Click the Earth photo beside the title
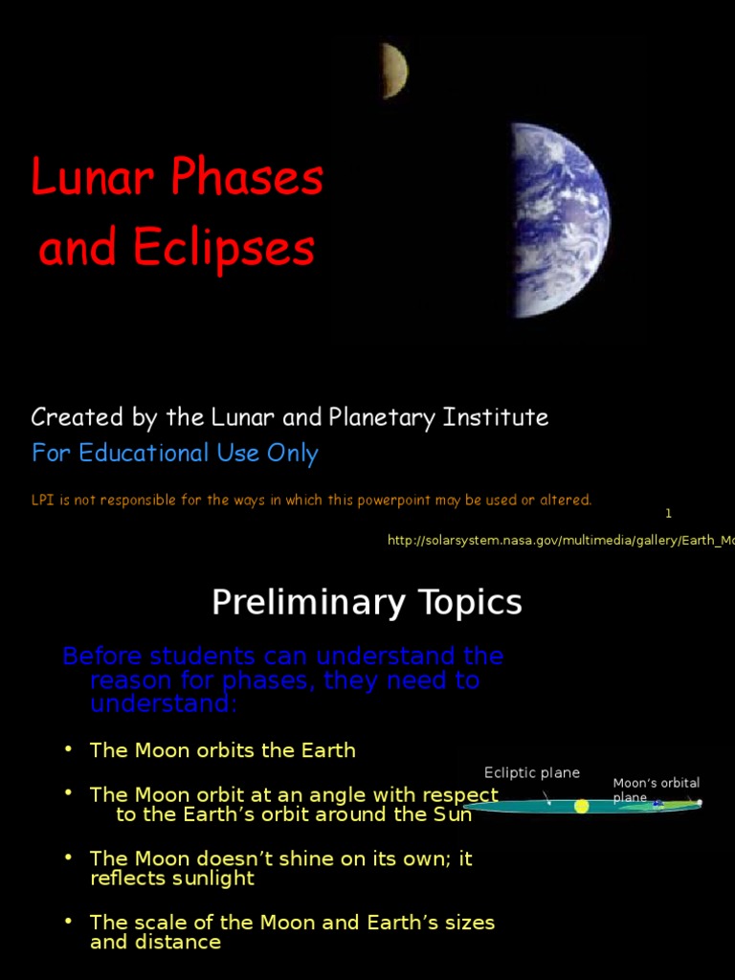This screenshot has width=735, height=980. point(561,220)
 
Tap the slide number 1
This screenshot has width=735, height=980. point(668,514)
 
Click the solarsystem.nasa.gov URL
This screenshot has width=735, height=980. point(561,541)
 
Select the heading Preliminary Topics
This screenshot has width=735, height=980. point(367,603)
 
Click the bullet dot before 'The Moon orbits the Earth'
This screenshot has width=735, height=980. point(69,748)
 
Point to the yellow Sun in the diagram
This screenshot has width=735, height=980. point(581,806)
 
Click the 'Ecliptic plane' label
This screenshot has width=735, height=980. point(532,773)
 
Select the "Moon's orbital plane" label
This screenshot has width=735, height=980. point(655,790)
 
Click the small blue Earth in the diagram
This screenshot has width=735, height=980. point(657,805)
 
